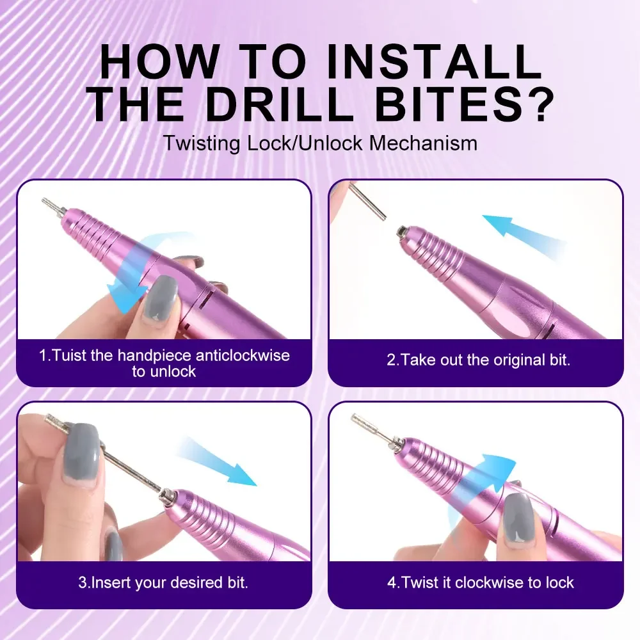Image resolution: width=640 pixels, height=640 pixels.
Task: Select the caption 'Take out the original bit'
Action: (x=478, y=359)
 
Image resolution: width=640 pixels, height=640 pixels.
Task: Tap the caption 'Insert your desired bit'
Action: (x=163, y=582)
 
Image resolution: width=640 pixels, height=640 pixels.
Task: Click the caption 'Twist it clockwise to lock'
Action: (x=480, y=582)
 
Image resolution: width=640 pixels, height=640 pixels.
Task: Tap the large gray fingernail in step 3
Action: (x=81, y=454)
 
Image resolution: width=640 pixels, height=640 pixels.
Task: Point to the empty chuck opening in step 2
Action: (x=401, y=230)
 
